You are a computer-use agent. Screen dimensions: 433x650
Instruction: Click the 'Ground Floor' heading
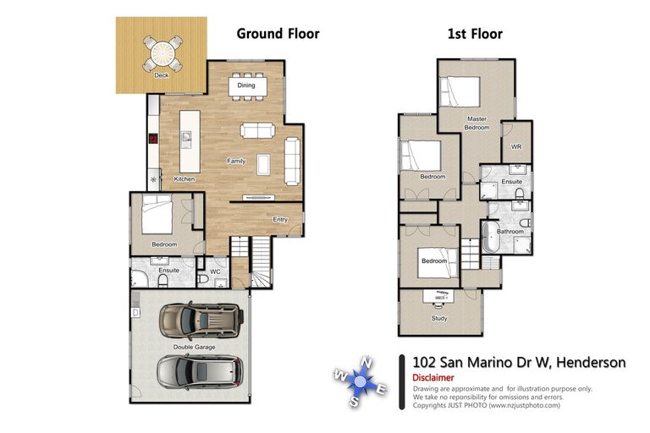(278, 34)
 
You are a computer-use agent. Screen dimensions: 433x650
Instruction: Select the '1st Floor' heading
(474, 34)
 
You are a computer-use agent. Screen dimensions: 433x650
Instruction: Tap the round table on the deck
(161, 54)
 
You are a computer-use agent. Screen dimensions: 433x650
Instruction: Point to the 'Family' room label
(235, 160)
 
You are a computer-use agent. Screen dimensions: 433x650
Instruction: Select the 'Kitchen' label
(185, 179)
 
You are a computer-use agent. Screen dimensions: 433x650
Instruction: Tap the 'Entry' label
(279, 220)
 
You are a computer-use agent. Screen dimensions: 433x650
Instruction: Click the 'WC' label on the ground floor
(215, 271)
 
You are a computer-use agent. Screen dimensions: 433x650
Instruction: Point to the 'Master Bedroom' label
(476, 123)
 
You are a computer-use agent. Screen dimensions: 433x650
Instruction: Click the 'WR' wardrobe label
(515, 146)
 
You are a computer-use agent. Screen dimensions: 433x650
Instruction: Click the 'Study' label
(439, 319)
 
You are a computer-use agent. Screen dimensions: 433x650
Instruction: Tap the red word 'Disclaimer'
(433, 377)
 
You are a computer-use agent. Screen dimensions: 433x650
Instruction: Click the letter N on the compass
(366, 363)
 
